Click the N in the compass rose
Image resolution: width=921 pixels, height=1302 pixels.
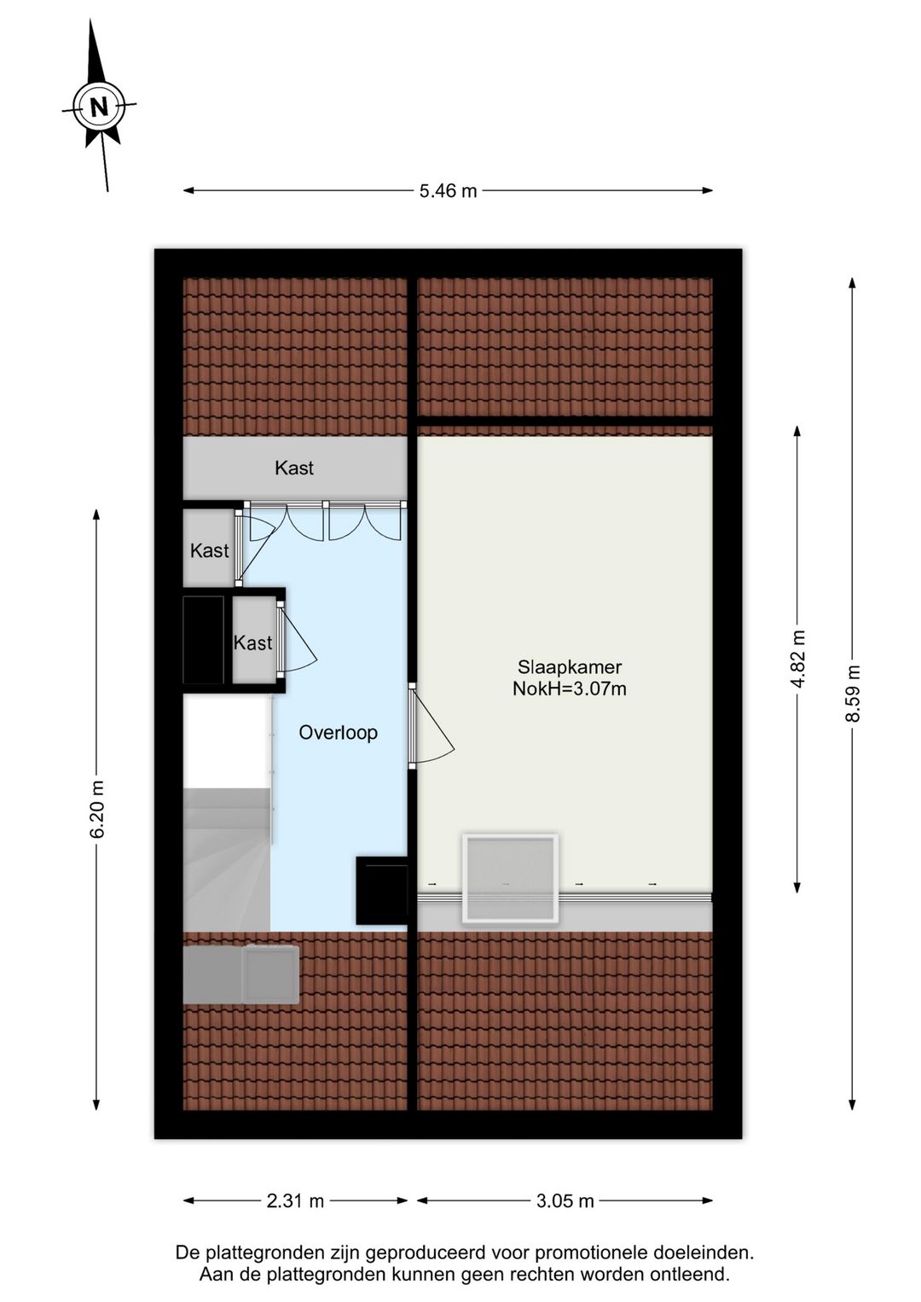[x=100, y=108]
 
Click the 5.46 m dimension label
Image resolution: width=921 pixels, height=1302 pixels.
[x=448, y=191]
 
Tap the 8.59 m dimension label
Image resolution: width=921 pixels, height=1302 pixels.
[x=853, y=694]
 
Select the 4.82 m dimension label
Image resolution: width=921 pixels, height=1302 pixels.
[x=797, y=659]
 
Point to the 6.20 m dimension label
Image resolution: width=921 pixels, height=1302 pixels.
[x=96, y=809]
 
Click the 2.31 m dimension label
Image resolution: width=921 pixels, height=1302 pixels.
[x=295, y=1201]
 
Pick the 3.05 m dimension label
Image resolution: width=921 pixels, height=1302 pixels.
[x=565, y=1201]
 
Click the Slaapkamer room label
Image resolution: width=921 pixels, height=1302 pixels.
[x=570, y=667]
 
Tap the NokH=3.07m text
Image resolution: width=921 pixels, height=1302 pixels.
[x=570, y=689]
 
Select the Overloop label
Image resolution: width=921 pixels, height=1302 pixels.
[x=338, y=733]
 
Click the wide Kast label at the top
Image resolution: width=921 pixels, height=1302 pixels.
[x=294, y=468]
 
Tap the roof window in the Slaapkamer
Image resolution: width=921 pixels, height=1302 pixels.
[x=510, y=878]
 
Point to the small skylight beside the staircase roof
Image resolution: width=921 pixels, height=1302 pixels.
[x=269, y=974]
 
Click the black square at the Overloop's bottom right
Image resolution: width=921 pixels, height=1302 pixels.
[x=382, y=891]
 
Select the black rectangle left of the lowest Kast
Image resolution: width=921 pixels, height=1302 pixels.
[x=204, y=640]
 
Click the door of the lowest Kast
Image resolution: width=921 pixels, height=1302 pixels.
[x=297, y=638]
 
